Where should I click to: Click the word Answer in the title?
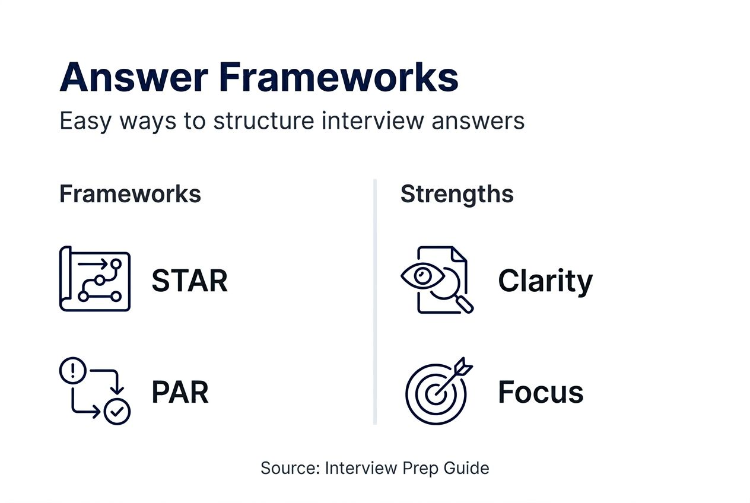click(134, 78)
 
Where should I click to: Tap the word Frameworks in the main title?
click(339, 78)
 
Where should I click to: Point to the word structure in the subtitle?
click(264, 121)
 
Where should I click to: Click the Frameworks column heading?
click(130, 195)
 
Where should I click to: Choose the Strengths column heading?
click(457, 195)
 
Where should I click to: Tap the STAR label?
click(189, 281)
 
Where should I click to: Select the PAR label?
click(180, 393)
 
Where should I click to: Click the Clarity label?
click(545, 281)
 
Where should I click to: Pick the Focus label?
click(541, 393)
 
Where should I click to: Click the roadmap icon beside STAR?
click(95, 279)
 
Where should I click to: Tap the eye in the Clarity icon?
click(422, 275)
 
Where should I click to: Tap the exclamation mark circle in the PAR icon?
click(73, 371)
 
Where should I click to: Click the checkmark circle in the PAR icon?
click(117, 411)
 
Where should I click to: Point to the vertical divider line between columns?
click(375, 302)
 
